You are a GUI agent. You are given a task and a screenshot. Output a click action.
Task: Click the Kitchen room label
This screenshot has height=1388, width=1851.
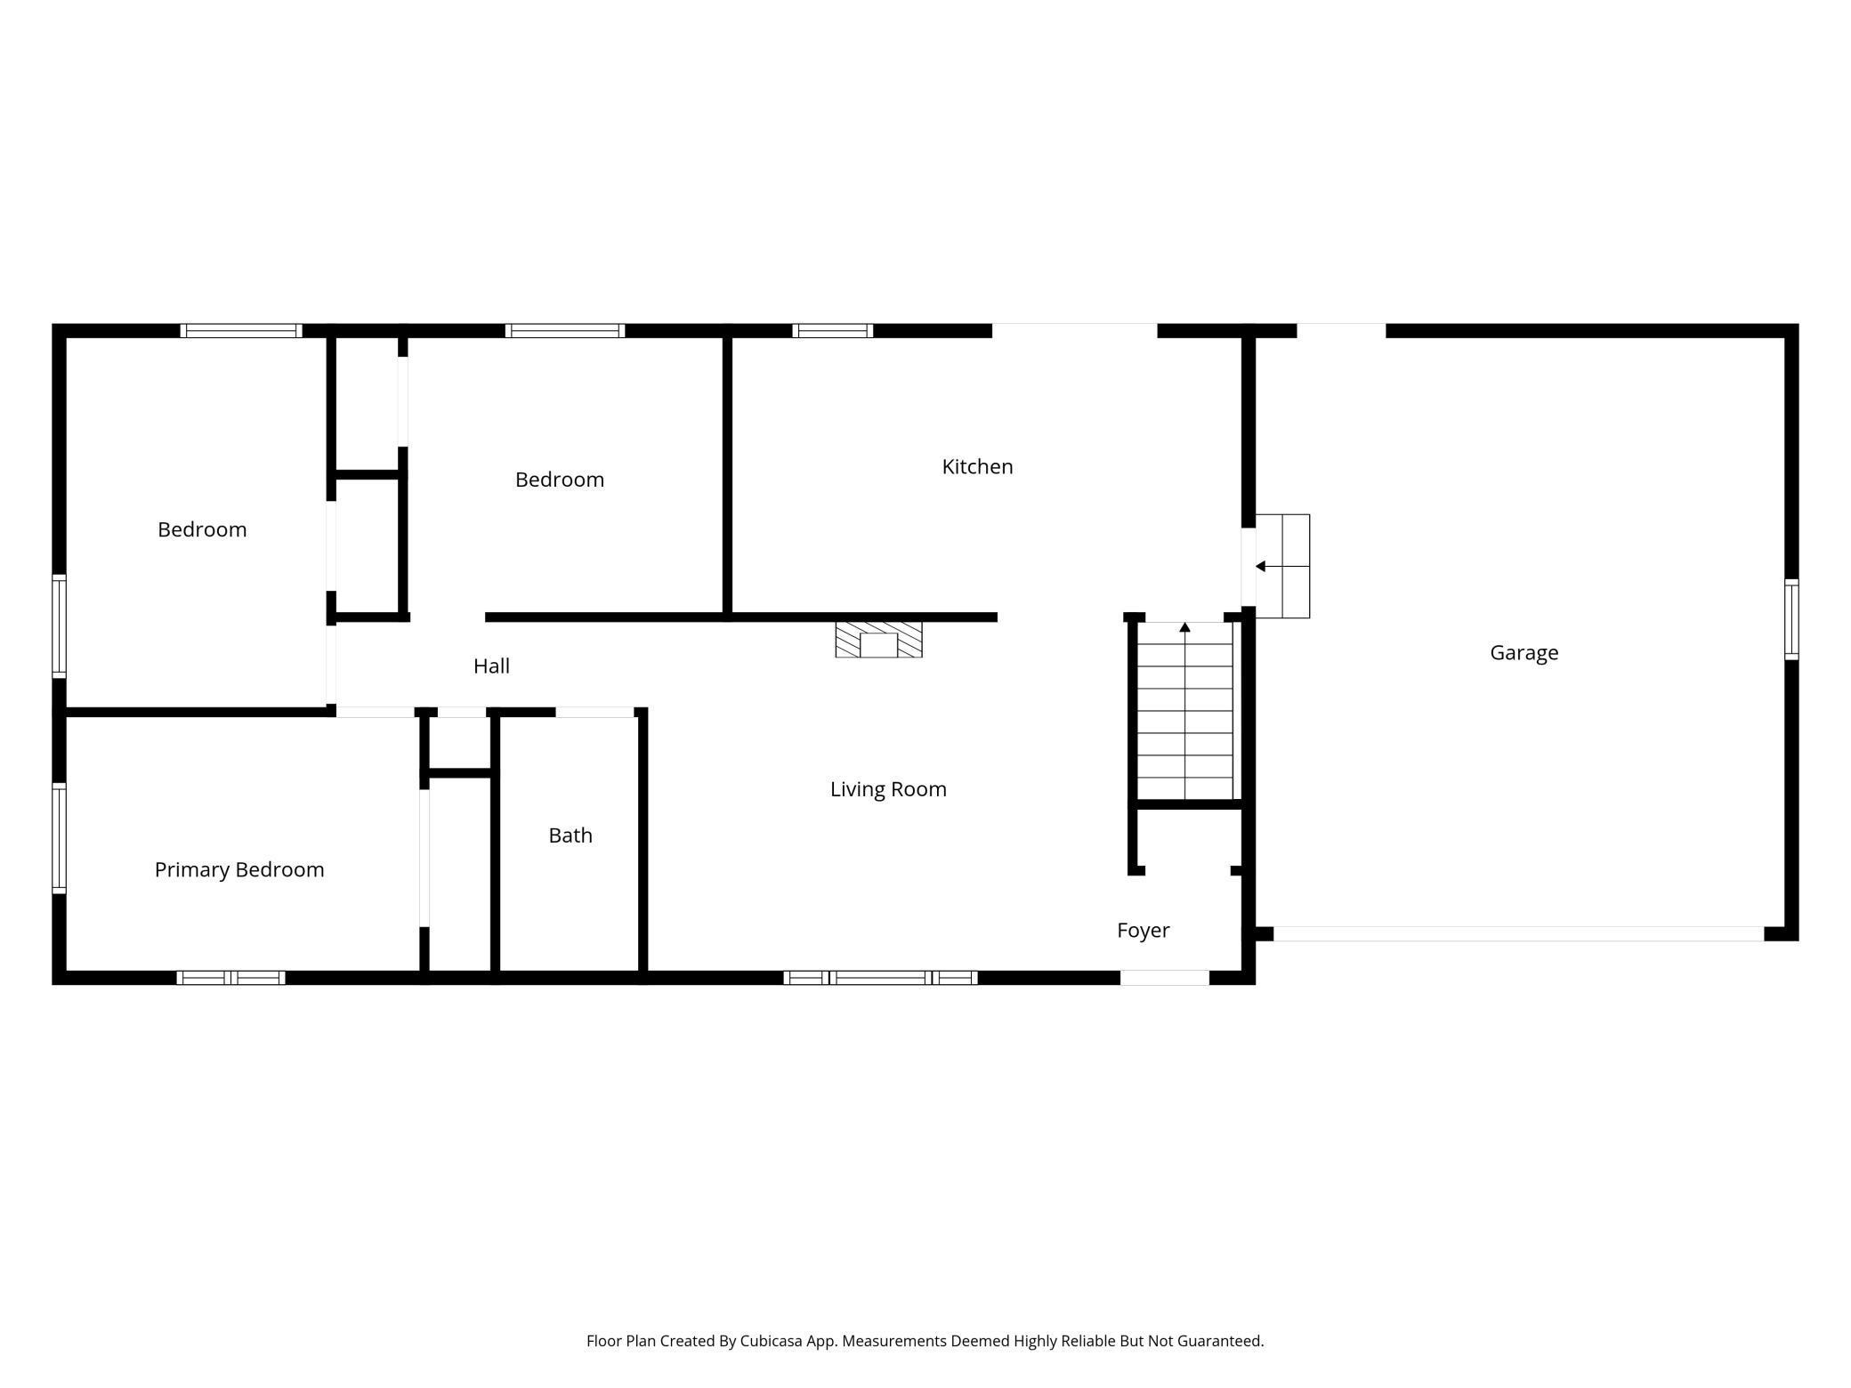pyautogui.click(x=977, y=467)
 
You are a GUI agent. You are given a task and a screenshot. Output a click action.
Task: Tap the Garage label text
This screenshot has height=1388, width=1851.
pyautogui.click(x=1524, y=653)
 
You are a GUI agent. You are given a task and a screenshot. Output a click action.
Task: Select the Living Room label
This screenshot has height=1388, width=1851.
pyautogui.click(x=888, y=789)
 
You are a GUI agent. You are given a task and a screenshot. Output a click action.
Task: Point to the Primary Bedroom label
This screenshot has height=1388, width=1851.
pyautogui.click(x=239, y=870)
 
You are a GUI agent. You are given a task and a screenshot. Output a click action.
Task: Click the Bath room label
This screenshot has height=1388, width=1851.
pyautogui.click(x=570, y=835)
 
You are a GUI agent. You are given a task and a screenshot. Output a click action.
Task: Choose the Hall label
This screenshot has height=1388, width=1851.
pyautogui.click(x=491, y=666)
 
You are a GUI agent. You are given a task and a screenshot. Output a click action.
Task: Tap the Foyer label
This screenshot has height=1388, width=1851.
pyautogui.click(x=1143, y=931)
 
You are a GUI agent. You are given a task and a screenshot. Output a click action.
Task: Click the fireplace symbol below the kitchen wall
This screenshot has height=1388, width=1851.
pyautogui.click(x=878, y=640)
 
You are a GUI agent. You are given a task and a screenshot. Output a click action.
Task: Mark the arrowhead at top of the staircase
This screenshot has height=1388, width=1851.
pyautogui.click(x=1184, y=627)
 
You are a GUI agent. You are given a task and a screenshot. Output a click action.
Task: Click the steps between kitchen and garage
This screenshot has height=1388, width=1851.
pyautogui.click(x=1282, y=566)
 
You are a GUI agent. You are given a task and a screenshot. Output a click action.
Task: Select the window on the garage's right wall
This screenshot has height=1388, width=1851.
pyautogui.click(x=1791, y=619)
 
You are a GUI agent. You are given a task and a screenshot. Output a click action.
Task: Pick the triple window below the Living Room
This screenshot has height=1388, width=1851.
pyautogui.click(x=880, y=978)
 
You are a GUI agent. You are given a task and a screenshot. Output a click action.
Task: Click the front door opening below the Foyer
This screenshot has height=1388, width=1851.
pyautogui.click(x=1164, y=978)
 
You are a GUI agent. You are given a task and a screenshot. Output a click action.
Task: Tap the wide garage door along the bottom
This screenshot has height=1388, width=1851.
pyautogui.click(x=1518, y=934)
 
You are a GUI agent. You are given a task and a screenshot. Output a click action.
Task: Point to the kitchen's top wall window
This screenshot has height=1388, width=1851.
pyautogui.click(x=832, y=331)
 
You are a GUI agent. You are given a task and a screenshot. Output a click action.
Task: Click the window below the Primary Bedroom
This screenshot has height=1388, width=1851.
pyautogui.click(x=230, y=978)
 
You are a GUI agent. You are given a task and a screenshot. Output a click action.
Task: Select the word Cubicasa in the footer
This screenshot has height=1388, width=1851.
pyautogui.click(x=771, y=1341)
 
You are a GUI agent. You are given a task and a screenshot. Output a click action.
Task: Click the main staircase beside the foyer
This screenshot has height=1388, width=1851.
pyautogui.click(x=1184, y=712)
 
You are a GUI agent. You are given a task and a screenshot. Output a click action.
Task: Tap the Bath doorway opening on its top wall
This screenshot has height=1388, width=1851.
pyautogui.click(x=594, y=712)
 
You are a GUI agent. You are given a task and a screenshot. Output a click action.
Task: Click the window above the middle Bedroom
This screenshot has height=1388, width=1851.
pyautogui.click(x=565, y=331)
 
